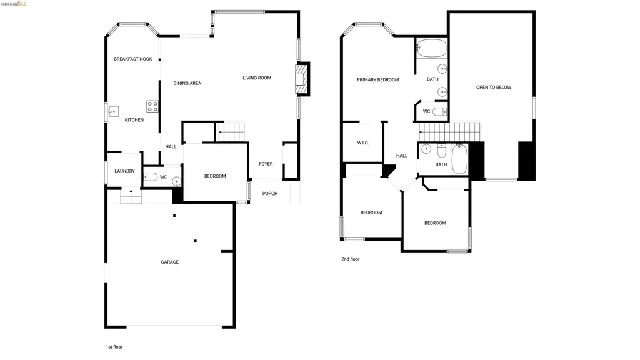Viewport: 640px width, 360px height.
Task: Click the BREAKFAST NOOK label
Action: tap(133, 59)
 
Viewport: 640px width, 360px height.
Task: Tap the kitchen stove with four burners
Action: tap(152, 106)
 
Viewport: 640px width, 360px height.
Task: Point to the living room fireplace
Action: tap(302, 79)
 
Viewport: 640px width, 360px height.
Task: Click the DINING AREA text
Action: tap(187, 83)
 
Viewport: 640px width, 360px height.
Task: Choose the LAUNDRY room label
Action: tap(124, 171)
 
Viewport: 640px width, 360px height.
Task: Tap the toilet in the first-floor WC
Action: tap(149, 177)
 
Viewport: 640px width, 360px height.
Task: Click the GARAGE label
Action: tap(169, 262)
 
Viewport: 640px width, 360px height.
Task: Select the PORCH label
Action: tap(270, 194)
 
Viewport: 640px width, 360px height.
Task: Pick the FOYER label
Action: tap(266, 164)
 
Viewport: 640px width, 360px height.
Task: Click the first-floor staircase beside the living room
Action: tap(232, 132)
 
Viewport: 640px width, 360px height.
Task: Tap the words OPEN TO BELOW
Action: tap(494, 87)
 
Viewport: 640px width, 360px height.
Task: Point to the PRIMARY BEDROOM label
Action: tap(377, 80)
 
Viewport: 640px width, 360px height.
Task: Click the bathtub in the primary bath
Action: tap(431, 48)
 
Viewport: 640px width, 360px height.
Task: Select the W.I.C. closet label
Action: tap(363, 143)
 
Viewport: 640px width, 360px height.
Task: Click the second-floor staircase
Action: tap(451, 132)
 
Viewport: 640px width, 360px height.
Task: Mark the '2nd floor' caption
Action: tap(350, 259)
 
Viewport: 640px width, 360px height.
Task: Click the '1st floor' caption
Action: tap(114, 346)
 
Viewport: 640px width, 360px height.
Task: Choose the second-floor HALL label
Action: tap(402, 156)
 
